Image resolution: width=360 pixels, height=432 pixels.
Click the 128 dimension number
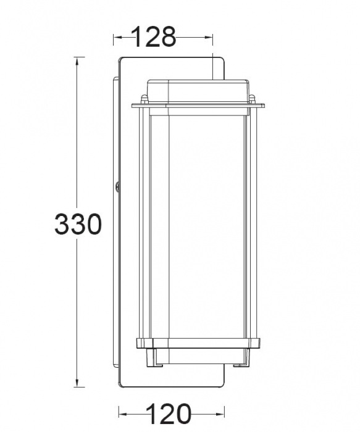pyautogui.click(x=154, y=36)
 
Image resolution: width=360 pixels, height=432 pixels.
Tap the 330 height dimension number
pyautogui.click(x=78, y=223)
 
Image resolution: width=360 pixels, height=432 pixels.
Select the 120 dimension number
pyautogui.click(x=168, y=413)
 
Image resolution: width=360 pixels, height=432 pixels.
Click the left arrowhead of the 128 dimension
pyautogui.click(x=118, y=37)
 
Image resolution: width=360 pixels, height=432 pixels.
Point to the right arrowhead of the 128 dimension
pyautogui.click(x=208, y=37)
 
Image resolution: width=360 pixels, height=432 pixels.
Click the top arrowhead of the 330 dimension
pyautogui.click(x=77, y=62)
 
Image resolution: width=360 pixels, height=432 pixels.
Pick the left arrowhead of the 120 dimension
pyautogui.click(x=123, y=414)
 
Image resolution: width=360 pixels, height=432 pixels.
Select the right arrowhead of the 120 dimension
pyautogui.click(x=220, y=414)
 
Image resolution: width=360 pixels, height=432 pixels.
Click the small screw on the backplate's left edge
pyautogui.click(x=117, y=186)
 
